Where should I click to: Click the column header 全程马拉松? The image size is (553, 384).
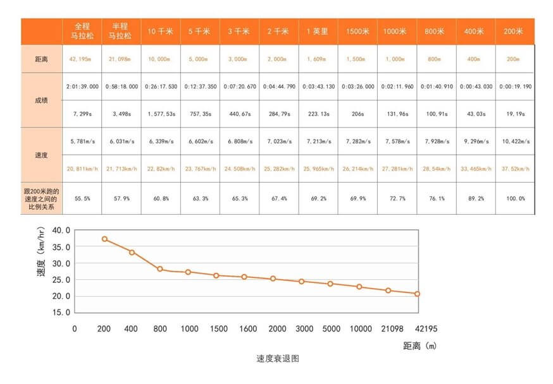coord(82,31)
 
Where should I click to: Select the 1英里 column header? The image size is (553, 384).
coord(318,31)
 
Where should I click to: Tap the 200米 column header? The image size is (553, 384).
coord(514,31)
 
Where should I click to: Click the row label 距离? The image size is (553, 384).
coord(41,59)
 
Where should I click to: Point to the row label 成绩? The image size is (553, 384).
coord(41,100)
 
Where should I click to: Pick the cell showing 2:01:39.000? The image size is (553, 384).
coord(82,87)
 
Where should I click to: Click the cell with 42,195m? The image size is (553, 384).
coord(82,59)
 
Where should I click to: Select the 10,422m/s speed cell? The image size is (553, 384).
coord(514,141)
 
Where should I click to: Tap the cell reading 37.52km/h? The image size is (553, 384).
coord(514,169)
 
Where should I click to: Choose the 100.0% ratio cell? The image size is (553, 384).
coord(514,198)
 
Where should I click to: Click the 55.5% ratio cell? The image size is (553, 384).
coord(82,198)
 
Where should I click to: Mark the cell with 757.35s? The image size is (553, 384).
coord(200,114)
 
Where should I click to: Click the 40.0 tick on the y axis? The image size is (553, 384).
coord(61,231)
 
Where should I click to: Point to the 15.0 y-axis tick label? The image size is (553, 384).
coord(61,313)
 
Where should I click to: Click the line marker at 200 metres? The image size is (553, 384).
coord(104,239)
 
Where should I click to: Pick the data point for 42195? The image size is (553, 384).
coord(418,294)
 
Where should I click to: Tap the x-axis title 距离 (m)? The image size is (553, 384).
coord(419,345)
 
